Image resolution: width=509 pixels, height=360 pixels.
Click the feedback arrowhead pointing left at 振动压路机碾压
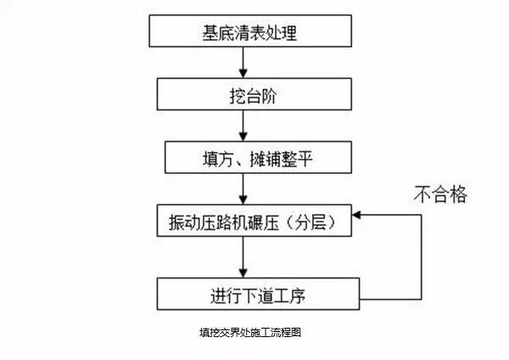tap(357, 216)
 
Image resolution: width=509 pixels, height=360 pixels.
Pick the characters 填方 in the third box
tap(207, 158)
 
